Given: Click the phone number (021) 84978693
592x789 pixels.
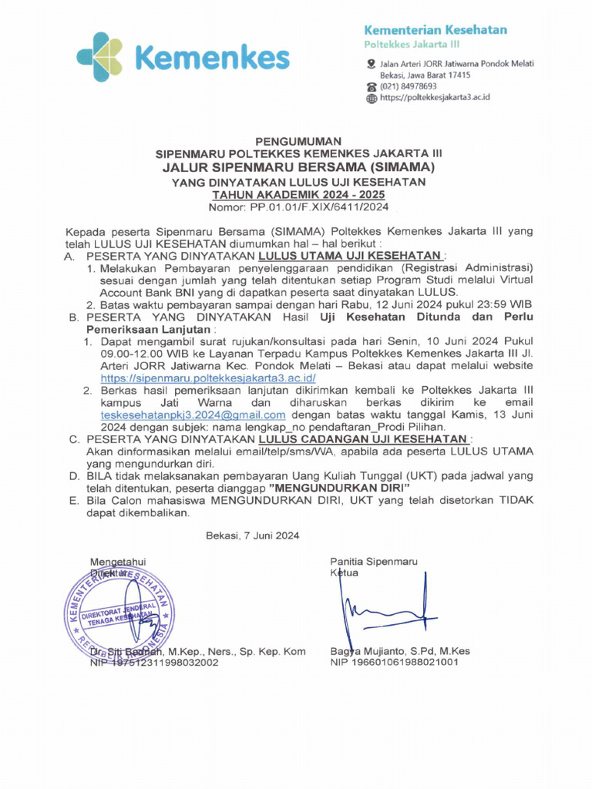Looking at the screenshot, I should click(408, 86).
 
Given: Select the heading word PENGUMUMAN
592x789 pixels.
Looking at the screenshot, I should click(298, 142).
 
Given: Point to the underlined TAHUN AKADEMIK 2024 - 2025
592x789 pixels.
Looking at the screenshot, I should click(298, 195).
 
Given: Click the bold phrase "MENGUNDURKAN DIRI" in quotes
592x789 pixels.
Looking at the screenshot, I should click(339, 489).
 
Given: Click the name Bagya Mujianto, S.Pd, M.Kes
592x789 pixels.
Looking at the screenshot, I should click(399, 651).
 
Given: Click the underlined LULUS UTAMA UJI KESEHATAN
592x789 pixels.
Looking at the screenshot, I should click(351, 255).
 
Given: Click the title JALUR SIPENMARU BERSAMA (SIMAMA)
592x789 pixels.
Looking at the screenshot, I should click(298, 167).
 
